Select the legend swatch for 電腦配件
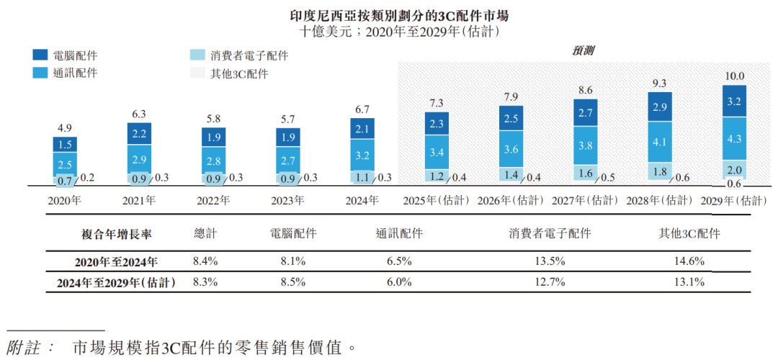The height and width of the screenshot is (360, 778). point(40,55)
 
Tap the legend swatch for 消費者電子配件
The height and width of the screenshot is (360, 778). point(196,55)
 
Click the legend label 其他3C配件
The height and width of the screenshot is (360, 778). point(238,73)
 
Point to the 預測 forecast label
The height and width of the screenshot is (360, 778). point(583,50)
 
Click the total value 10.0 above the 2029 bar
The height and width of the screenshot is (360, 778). point(735,76)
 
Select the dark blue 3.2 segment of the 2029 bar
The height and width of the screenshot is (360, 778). point(735,102)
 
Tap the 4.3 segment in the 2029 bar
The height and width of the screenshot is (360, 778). point(735,138)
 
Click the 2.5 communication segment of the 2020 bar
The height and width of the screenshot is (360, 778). point(65,165)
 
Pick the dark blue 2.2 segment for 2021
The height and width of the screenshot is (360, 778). point(140,134)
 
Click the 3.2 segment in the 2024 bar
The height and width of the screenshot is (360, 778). point(362,154)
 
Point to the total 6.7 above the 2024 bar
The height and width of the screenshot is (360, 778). point(362,109)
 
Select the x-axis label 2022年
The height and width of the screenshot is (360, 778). point(214,202)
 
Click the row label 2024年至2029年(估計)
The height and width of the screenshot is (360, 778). point(116,283)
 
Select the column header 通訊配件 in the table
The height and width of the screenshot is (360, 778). point(399,234)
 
